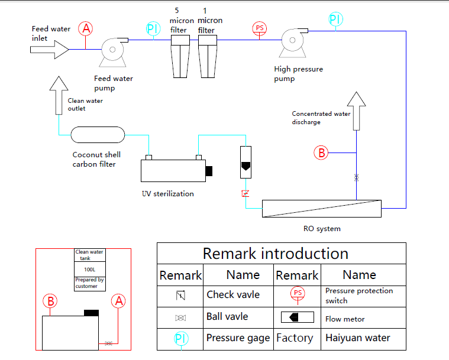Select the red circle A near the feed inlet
point(86,28)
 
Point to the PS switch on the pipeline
point(260,28)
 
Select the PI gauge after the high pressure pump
point(335,20)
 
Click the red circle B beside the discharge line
point(321,153)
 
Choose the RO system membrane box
point(321,208)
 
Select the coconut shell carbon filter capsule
point(98,135)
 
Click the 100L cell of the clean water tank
point(90,269)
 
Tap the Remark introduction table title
point(276,254)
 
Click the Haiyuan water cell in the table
point(357,338)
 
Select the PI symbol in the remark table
point(180,339)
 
